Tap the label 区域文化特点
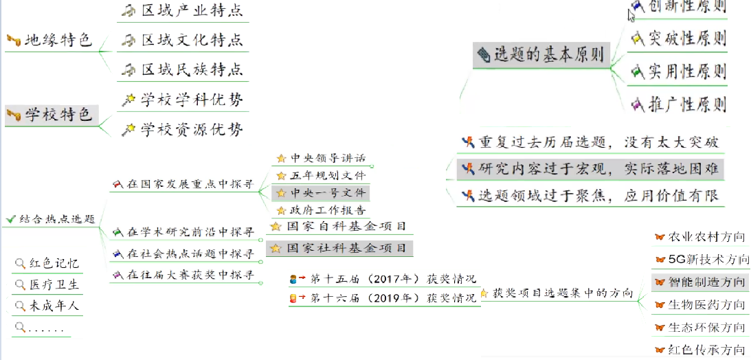(192, 41)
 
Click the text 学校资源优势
(192, 129)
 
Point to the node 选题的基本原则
(548, 55)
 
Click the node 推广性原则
(687, 104)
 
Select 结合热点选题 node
(57, 219)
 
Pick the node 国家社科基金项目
(346, 248)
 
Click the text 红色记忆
(54, 263)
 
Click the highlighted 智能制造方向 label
(706, 282)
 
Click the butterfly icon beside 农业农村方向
(659, 237)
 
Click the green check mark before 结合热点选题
(10, 219)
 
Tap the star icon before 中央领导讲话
(280, 159)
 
